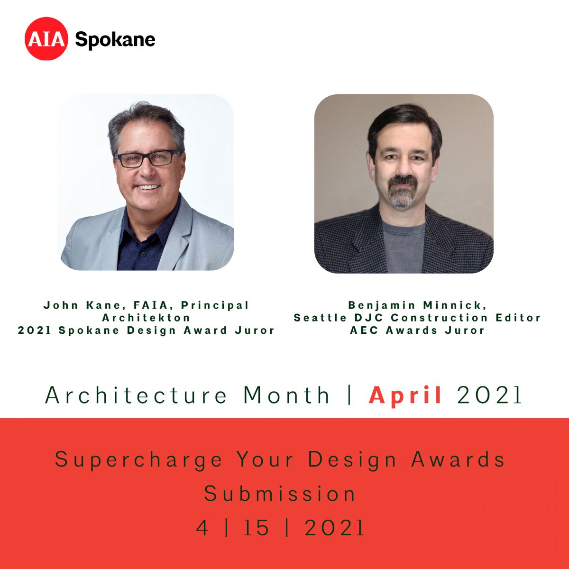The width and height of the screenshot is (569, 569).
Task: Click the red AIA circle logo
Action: (46, 39)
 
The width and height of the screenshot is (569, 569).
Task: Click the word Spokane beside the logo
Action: (115, 40)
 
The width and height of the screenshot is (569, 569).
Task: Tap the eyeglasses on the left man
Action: (147, 159)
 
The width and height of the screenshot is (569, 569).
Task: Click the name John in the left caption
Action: (61, 305)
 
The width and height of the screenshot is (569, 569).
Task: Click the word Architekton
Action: (146, 318)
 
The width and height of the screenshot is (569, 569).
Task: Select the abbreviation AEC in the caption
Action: (364, 330)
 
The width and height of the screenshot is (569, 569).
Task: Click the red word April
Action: (405, 395)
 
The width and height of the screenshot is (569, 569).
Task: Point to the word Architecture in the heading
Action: (136, 395)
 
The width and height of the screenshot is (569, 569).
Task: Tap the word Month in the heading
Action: (286, 395)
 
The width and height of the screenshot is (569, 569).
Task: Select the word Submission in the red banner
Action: (280, 494)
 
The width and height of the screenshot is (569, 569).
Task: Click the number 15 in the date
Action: (257, 528)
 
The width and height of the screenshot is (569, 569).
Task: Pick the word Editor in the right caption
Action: (518, 318)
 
